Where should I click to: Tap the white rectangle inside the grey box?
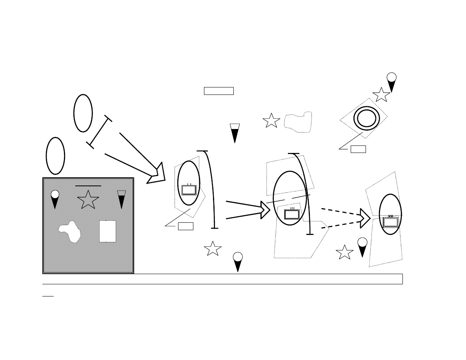click(x=107, y=231)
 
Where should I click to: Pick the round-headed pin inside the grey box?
click(x=55, y=198)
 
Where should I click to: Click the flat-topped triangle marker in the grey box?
click(x=122, y=198)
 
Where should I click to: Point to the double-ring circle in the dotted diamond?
click(x=366, y=117)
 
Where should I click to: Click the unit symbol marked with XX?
click(x=390, y=222)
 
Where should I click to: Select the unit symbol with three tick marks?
click(x=292, y=214)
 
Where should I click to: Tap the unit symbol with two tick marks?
click(x=189, y=189)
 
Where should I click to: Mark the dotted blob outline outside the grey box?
click(x=298, y=122)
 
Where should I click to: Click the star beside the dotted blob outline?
click(x=271, y=121)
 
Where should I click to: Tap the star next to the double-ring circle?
click(x=381, y=95)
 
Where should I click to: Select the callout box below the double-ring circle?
click(x=358, y=149)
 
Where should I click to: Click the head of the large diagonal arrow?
click(x=157, y=175)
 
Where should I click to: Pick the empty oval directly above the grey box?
click(x=55, y=156)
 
